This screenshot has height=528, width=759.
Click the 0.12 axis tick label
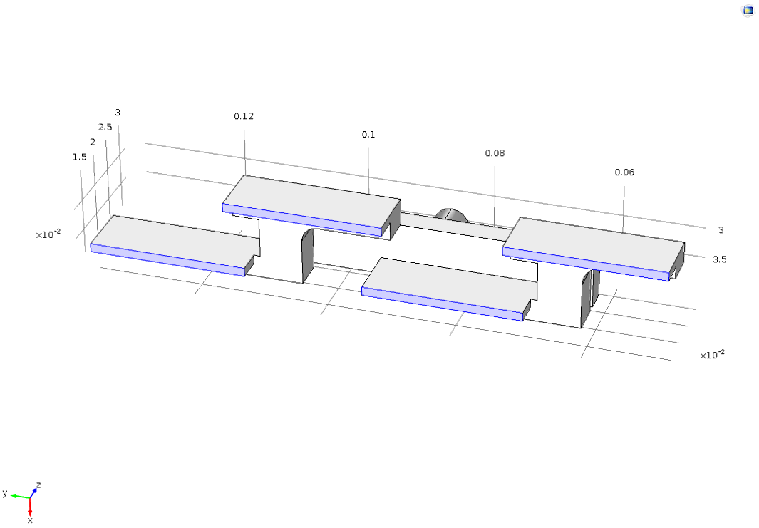tap(244, 116)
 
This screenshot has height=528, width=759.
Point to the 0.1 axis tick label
tap(368, 135)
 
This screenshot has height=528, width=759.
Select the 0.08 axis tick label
tap(495, 153)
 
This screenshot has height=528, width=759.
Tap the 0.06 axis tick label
tap(624, 172)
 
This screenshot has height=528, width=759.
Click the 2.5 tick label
tap(105, 128)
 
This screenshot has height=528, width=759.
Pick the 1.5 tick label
tap(80, 157)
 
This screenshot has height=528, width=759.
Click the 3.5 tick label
tap(719, 259)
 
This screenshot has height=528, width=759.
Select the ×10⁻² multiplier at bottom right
tap(711, 355)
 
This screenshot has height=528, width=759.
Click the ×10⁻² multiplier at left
tap(48, 234)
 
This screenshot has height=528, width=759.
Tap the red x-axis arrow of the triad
tap(30, 506)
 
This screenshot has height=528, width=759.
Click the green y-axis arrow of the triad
tap(20, 495)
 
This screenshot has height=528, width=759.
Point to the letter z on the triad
tap(38, 485)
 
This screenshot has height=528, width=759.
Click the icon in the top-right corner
tap(748, 10)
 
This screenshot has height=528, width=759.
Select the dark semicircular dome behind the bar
tap(451, 215)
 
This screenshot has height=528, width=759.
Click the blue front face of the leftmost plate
tap(167, 260)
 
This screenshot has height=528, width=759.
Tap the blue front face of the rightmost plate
tap(586, 264)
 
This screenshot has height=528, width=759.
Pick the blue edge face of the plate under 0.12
tap(302, 219)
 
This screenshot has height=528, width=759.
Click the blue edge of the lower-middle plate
tap(443, 304)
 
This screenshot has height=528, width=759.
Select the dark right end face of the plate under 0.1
tap(392, 220)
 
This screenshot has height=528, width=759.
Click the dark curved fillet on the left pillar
tap(308, 256)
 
